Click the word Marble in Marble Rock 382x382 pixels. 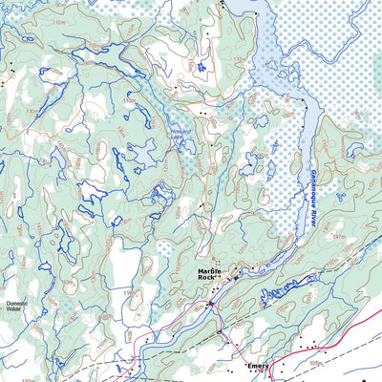point(210,271)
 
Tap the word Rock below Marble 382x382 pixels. point(209,279)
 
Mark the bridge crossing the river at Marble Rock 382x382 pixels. point(211,304)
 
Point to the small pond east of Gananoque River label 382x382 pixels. point(356,150)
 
